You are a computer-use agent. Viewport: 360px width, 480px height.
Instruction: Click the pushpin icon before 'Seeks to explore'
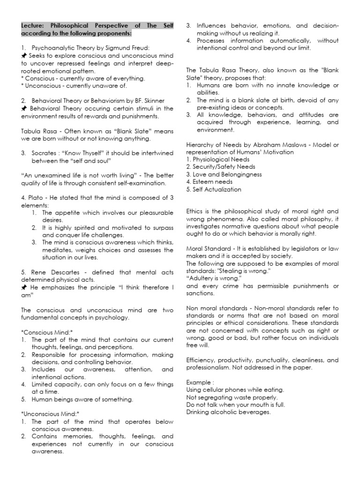[x=24, y=56]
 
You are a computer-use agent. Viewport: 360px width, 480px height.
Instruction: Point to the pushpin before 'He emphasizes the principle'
[x=24, y=287]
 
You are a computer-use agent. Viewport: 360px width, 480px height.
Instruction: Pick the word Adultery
[x=202, y=279]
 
